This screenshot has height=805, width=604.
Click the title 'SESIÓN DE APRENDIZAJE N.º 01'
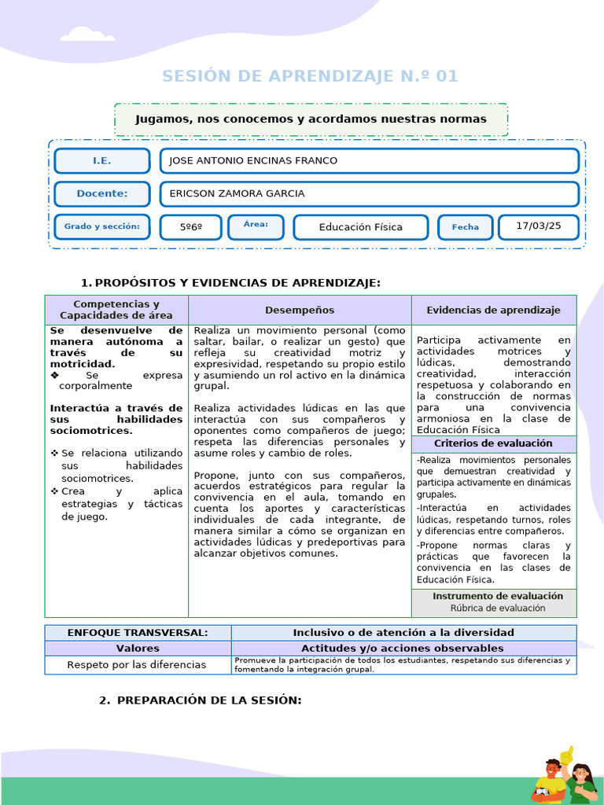(310, 76)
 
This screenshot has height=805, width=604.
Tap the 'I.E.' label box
(102, 161)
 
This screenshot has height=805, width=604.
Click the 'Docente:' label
(102, 194)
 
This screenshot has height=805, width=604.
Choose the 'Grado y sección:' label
(102, 227)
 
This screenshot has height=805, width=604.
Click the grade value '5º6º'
(190, 227)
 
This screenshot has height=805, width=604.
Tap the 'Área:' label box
(256, 226)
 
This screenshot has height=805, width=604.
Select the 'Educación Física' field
(361, 227)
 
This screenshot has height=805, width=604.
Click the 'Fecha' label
(465, 227)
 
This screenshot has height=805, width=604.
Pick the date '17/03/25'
(539, 226)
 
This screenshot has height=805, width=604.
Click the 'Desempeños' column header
(300, 311)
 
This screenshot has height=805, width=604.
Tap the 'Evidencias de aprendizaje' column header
(493, 311)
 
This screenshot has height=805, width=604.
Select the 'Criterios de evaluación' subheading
(493, 444)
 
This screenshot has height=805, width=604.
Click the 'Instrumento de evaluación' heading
(498, 597)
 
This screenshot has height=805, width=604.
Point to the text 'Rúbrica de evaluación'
(498, 608)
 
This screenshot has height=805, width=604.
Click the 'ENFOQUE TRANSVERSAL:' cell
(138, 633)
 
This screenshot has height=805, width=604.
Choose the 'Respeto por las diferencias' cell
(137, 665)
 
